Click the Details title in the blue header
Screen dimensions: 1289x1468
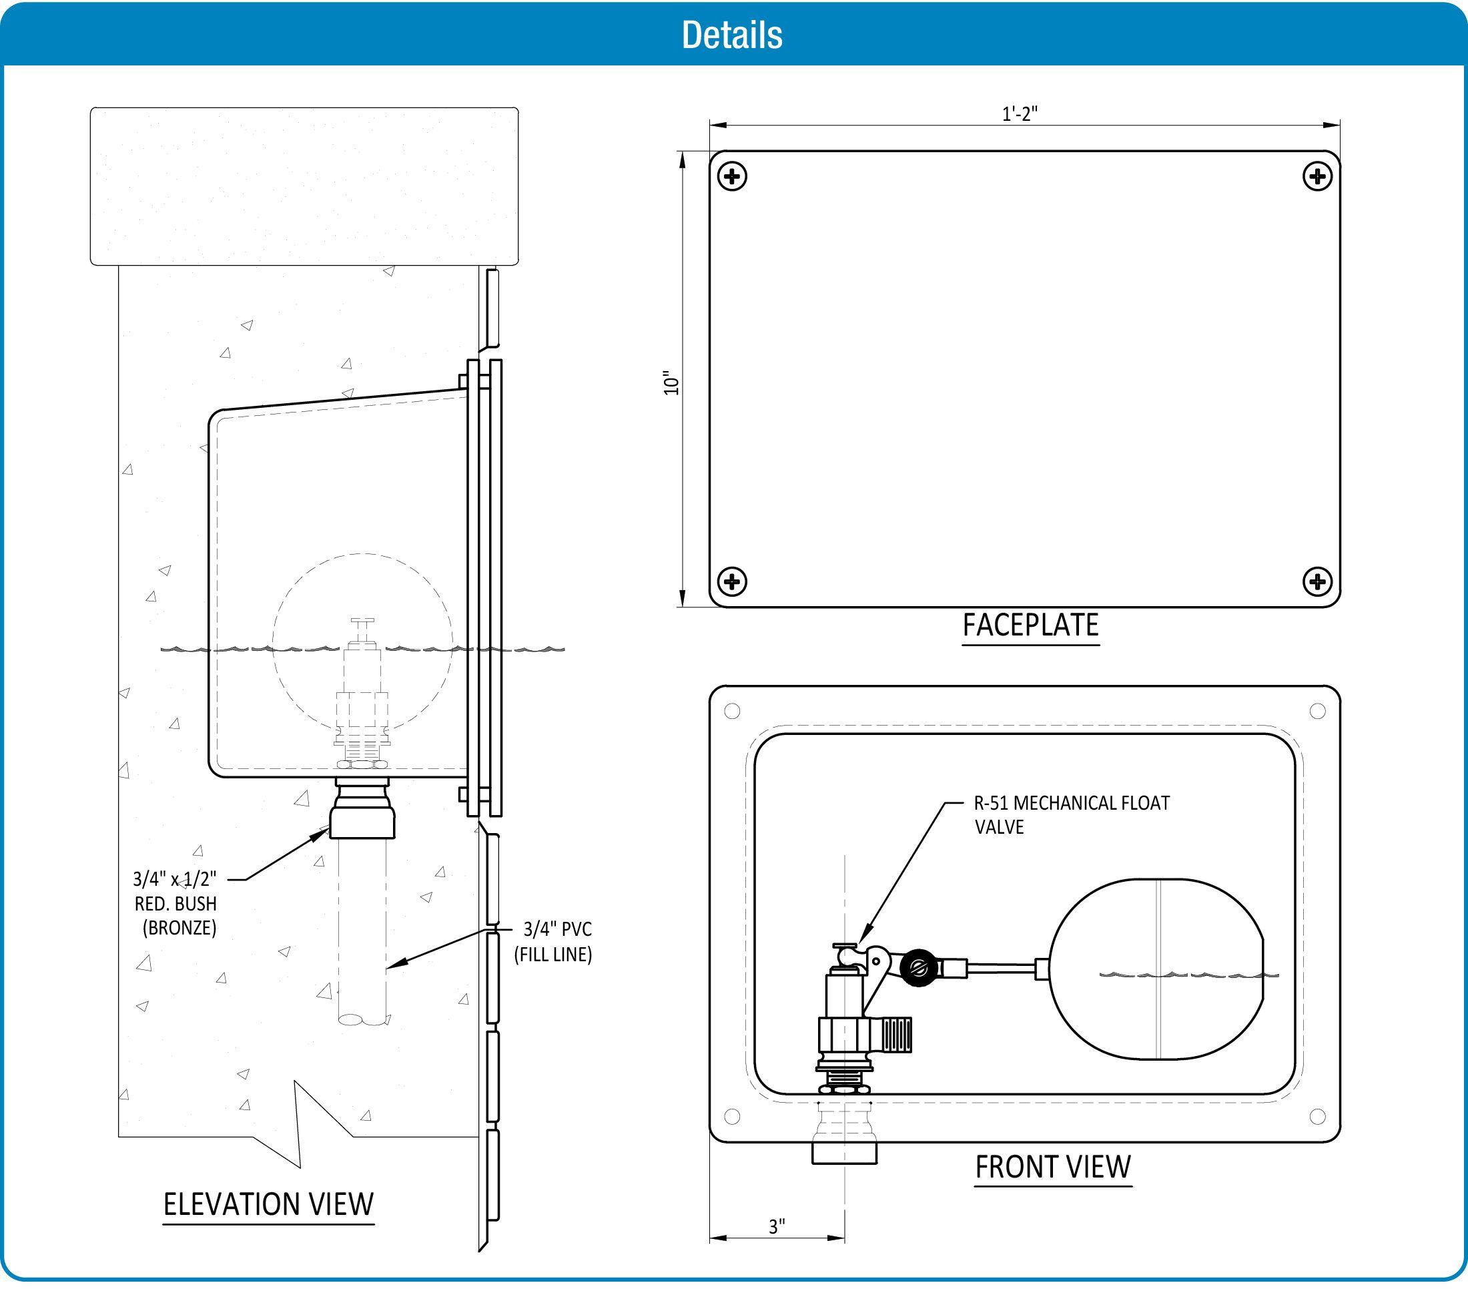pyautogui.click(x=732, y=35)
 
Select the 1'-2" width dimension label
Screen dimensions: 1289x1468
pyautogui.click(x=1020, y=113)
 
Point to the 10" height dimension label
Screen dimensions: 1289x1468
pyautogui.click(x=671, y=382)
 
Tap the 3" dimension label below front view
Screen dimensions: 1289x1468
pyautogui.click(x=777, y=1226)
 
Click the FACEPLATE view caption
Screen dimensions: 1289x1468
pyautogui.click(x=1031, y=625)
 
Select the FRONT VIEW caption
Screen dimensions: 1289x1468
pyautogui.click(x=1053, y=1167)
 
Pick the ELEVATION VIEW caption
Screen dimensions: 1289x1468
pyautogui.click(x=269, y=1204)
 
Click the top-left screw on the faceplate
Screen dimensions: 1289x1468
pyautogui.click(x=733, y=176)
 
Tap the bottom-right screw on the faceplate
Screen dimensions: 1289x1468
pyautogui.click(x=1317, y=581)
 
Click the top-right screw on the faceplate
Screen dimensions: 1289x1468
pyautogui.click(x=1317, y=176)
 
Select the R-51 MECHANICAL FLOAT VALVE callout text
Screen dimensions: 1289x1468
pyautogui.click(x=1071, y=814)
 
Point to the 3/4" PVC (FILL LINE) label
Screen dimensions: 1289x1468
pyautogui.click(x=554, y=941)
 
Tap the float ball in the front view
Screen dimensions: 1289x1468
pyautogui.click(x=1157, y=969)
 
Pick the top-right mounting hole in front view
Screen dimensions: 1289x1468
pyautogui.click(x=1317, y=711)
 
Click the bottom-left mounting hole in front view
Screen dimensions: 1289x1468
pyautogui.click(x=732, y=1116)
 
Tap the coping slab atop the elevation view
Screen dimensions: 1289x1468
pyautogui.click(x=304, y=186)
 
